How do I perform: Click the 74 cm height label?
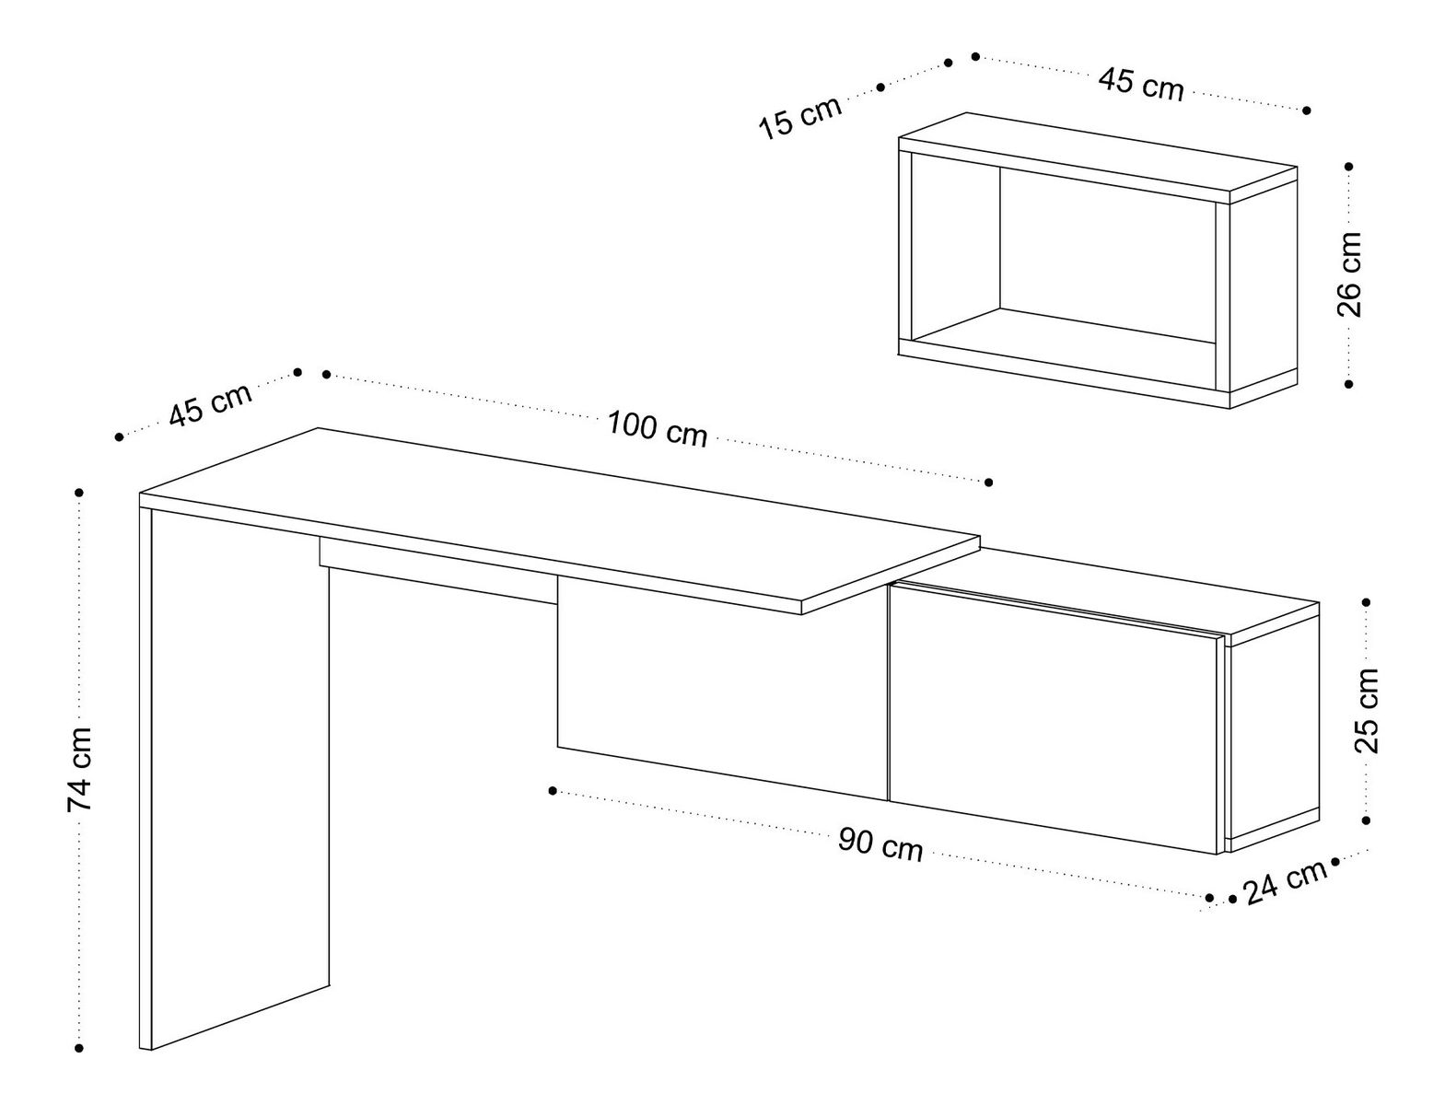80,769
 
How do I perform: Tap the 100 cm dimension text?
658,429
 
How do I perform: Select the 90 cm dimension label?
880,843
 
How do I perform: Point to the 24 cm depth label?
1285,881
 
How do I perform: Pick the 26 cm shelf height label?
1349,274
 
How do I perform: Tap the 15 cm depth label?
799,117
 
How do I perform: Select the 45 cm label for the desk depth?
210,403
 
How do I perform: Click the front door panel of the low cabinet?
1055,718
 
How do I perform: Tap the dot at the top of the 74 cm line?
80,494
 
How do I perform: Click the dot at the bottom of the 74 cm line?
80,1047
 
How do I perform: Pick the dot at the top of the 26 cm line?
1349,167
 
